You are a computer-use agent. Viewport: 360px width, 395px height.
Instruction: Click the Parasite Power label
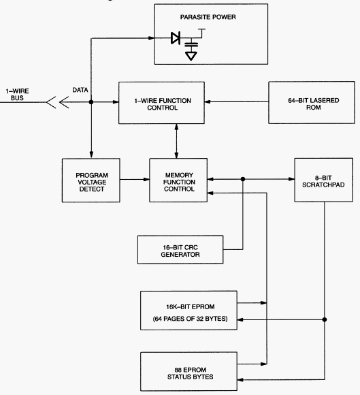[208, 17]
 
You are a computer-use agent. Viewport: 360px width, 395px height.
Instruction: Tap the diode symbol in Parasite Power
[176, 38]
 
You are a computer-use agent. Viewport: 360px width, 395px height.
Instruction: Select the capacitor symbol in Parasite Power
[191, 45]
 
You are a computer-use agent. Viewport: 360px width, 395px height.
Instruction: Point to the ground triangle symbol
[191, 56]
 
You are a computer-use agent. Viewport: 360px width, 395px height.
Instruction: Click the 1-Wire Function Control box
[161, 103]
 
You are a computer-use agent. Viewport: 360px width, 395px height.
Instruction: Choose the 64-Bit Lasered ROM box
[312, 103]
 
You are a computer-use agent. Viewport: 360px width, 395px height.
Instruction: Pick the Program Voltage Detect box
[91, 180]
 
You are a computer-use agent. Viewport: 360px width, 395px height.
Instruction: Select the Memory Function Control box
[178, 180]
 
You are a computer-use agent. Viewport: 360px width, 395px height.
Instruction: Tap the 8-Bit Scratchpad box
[324, 180]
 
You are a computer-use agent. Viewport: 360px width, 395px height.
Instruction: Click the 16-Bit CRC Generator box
[180, 250]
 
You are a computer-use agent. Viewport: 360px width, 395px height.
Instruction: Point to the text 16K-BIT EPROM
[191, 307]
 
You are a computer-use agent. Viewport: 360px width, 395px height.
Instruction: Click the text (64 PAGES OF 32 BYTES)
[190, 319]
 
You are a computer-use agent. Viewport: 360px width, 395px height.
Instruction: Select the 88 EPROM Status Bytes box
[189, 371]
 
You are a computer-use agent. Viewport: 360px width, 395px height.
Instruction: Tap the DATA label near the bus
[80, 90]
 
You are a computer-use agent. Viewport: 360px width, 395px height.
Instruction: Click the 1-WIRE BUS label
[18, 95]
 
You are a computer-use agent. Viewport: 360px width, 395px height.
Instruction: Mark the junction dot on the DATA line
[91, 102]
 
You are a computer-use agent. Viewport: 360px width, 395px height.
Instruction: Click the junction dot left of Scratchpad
[243, 179]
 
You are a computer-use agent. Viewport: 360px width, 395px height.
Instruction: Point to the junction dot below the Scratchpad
[325, 319]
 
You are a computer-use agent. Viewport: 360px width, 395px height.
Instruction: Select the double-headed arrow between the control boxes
[176, 141]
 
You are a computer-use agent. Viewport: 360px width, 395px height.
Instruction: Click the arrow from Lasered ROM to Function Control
[237, 101]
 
